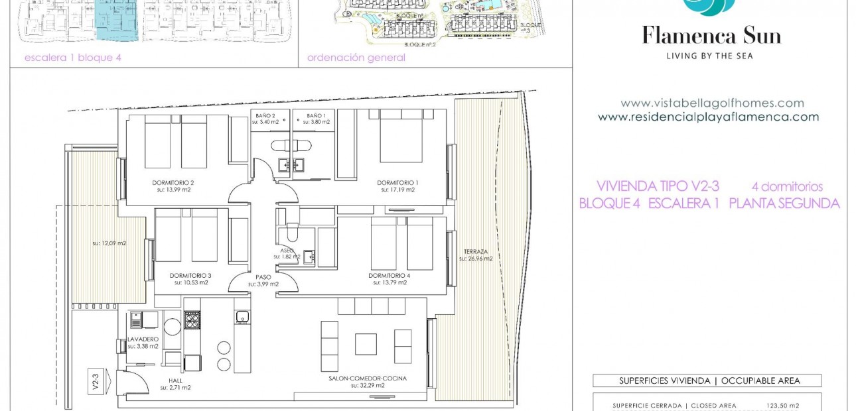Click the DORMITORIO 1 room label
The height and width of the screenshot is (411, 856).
(x=397, y=182)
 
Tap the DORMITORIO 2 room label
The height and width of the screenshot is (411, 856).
(x=173, y=182)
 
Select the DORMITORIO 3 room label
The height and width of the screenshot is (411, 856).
(x=190, y=275)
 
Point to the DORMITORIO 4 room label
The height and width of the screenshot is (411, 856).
(x=390, y=275)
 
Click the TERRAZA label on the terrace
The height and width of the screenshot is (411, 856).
(x=476, y=251)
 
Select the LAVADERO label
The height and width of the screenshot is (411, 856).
(x=143, y=339)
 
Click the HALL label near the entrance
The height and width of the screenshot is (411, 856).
(x=176, y=381)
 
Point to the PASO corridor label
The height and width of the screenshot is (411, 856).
(x=263, y=277)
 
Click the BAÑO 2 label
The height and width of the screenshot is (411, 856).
(x=265, y=115)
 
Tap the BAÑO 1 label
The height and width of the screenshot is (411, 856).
(x=316, y=115)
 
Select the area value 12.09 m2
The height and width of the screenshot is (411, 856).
(x=109, y=243)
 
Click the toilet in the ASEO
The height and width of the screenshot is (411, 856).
(x=291, y=233)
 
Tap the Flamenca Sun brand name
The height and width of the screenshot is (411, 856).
(x=711, y=35)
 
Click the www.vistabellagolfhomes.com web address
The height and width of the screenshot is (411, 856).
(x=712, y=103)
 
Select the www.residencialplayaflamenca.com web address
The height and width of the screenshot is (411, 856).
(x=708, y=117)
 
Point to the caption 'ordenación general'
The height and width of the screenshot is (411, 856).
(x=356, y=58)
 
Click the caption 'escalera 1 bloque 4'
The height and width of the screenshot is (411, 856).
(x=73, y=58)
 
